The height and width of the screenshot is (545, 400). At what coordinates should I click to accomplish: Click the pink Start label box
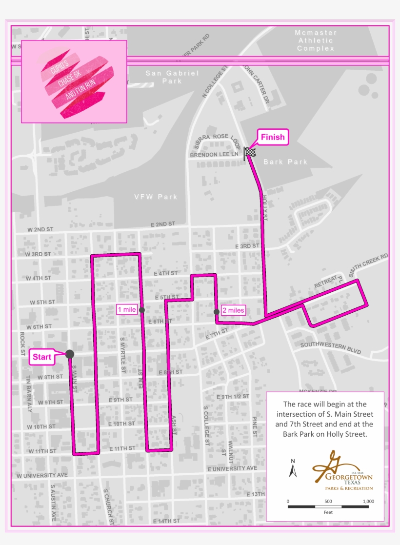pyautogui.click(x=42, y=357)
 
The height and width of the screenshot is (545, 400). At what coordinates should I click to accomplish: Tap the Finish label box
pyautogui.click(x=272, y=137)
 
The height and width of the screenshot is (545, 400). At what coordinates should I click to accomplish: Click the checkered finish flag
pyautogui.click(x=250, y=152)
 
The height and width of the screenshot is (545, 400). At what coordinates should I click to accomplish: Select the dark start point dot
pyautogui.click(x=70, y=354)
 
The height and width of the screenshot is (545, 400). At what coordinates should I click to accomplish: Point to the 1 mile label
pyautogui.click(x=126, y=309)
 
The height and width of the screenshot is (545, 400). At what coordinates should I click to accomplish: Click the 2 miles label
pyautogui.click(x=233, y=310)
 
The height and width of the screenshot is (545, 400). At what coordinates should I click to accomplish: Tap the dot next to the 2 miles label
pyautogui.click(x=216, y=311)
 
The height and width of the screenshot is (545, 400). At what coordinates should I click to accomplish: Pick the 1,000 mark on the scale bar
pyautogui.click(x=368, y=501)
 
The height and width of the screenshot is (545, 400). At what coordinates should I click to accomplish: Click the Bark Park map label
pyautogui.click(x=285, y=162)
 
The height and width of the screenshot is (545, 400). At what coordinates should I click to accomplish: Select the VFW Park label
pyautogui.click(x=156, y=197)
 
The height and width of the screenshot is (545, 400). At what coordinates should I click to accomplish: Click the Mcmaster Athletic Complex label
pyautogui.click(x=316, y=40)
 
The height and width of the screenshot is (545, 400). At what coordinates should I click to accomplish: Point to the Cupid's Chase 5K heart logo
pyautogui.click(x=74, y=81)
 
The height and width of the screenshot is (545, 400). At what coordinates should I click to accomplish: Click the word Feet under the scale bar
pyautogui.click(x=328, y=512)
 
